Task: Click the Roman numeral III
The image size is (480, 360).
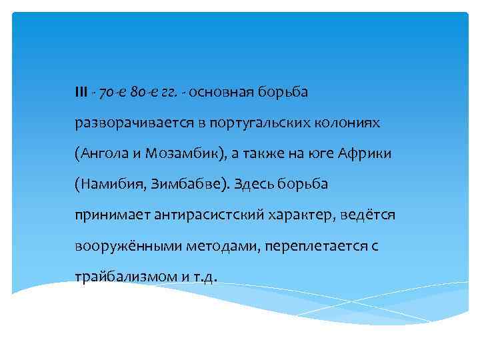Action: (x=81, y=91)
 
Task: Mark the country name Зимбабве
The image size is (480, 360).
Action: (x=189, y=184)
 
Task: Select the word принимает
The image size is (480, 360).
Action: (x=107, y=215)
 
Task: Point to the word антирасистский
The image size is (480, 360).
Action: (x=195, y=215)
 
